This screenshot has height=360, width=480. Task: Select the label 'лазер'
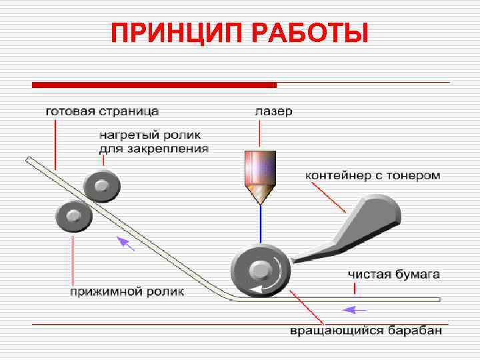[x=273, y=111]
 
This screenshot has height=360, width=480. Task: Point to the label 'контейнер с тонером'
[x=373, y=175]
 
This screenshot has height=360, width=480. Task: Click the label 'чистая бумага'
[x=393, y=275]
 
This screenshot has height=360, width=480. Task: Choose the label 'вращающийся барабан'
[x=365, y=331]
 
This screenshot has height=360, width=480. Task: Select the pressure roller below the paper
[x=73, y=216]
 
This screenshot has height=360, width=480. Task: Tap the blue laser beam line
[x=261, y=223]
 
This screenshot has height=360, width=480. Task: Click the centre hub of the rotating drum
[x=259, y=269]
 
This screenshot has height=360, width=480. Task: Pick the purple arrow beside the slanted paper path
[x=125, y=243]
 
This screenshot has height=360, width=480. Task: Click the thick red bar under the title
[x=154, y=85]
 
